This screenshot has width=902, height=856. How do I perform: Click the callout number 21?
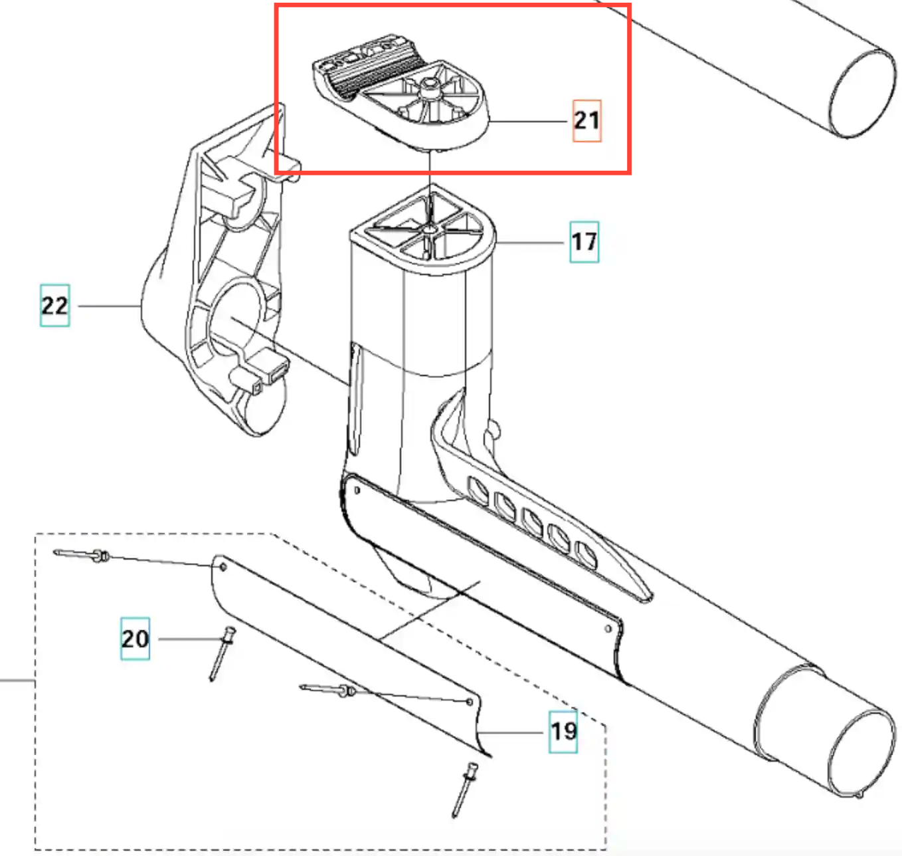click(x=586, y=120)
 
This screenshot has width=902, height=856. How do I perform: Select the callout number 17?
click(x=584, y=241)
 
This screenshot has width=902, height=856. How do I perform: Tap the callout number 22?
click(x=54, y=305)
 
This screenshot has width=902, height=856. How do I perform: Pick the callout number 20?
click(x=135, y=639)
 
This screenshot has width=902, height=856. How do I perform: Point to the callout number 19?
click(x=563, y=731)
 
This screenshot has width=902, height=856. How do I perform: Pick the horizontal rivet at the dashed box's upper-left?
click(x=83, y=554)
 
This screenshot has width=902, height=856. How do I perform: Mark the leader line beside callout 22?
click(x=108, y=306)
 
